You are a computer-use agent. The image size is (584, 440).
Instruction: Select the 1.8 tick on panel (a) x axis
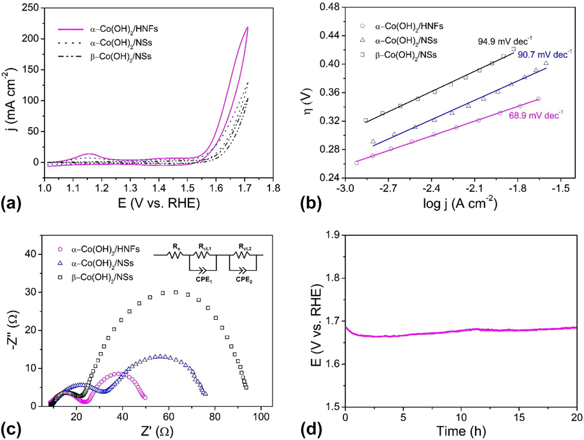(274, 189)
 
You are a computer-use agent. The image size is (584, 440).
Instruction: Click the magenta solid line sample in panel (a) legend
(71, 29)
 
